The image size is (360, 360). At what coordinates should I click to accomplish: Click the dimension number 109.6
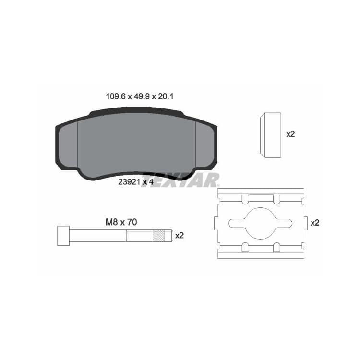(x=116, y=96)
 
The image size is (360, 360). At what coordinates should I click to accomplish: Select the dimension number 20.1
(x=165, y=96)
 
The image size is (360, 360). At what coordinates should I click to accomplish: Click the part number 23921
(x=129, y=182)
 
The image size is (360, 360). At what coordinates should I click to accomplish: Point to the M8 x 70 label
(x=121, y=222)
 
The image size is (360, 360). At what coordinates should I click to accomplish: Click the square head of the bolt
(x=63, y=236)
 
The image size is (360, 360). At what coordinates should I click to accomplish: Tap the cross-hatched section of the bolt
(x=159, y=236)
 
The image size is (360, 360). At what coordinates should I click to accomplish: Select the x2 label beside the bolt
(x=180, y=236)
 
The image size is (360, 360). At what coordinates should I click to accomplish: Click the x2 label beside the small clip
(x=290, y=134)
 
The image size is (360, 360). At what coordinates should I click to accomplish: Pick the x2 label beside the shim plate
(x=315, y=223)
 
